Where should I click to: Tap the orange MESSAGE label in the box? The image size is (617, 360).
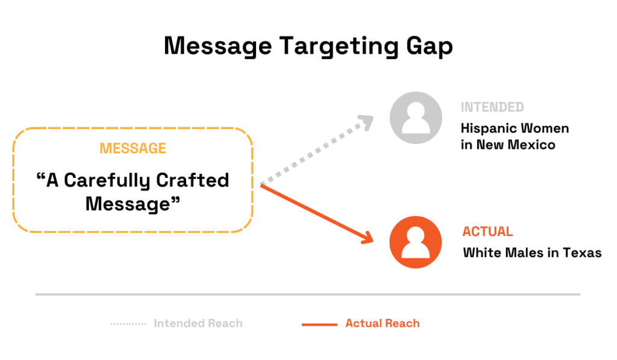tap(133, 148)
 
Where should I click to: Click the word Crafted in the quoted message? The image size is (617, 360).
tap(192, 180)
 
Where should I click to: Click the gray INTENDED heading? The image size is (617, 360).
tap(492, 107)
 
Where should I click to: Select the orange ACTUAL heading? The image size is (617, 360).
tap(487, 232)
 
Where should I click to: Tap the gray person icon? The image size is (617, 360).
tap(416, 117)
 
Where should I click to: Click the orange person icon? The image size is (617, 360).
tap(416, 242)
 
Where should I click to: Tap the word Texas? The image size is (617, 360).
tap(582, 253)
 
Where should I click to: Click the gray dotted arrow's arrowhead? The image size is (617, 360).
tap(367, 121)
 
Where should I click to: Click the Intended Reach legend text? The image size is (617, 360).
tap(198, 324)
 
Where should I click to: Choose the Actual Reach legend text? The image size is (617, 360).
tap(382, 324)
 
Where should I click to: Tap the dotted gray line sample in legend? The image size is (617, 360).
tap(128, 324)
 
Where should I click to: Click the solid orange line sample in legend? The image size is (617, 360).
tap(319, 324)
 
